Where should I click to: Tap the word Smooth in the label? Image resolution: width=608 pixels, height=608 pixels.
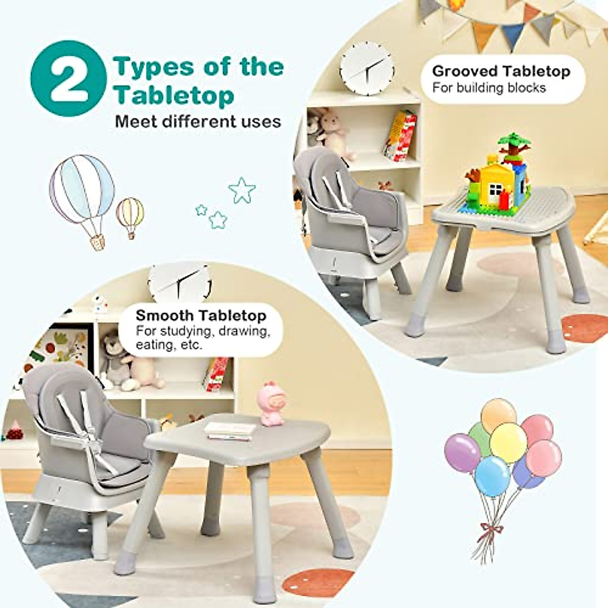[164, 316]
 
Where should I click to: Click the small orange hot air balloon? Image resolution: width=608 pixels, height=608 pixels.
[130, 214]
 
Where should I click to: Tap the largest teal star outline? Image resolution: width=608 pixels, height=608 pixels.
[242, 189]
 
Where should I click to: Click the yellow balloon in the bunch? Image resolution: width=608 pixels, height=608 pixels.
[508, 442]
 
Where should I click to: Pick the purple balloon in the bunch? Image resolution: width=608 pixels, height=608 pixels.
[462, 451]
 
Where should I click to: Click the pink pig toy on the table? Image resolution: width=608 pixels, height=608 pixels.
[272, 404]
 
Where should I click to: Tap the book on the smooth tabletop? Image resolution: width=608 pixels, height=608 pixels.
[231, 430]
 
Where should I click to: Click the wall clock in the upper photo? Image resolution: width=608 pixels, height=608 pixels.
[366, 68]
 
